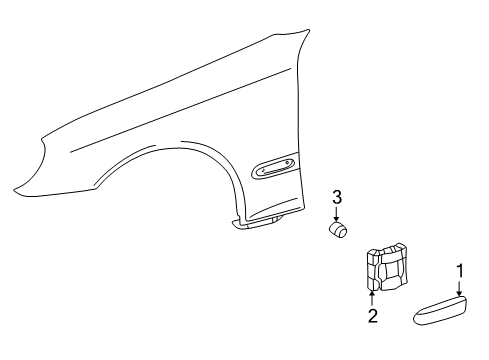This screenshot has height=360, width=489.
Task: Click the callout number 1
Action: (x=460, y=271)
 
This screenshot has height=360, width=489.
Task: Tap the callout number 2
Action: (x=373, y=316)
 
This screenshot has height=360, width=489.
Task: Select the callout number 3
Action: (x=337, y=197)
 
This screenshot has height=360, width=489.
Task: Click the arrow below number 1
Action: (x=460, y=288)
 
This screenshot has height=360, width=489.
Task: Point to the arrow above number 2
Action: (x=372, y=298)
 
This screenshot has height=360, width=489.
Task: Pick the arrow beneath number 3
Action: (x=337, y=213)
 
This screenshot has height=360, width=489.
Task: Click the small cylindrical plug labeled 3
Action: (x=337, y=230)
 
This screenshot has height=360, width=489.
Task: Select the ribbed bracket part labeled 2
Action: (x=388, y=267)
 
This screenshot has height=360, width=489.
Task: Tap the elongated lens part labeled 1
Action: (x=440, y=310)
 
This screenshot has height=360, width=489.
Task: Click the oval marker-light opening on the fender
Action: (x=273, y=166)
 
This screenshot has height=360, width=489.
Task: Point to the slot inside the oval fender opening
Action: (x=274, y=167)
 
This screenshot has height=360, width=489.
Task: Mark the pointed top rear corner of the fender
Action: (x=309, y=30)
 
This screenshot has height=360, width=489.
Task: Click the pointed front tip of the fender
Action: (x=14, y=192)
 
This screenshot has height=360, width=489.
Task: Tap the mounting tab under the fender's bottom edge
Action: (x=257, y=223)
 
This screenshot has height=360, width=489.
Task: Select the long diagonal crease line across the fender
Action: (x=180, y=110)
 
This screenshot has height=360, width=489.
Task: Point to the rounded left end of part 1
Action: (x=417, y=317)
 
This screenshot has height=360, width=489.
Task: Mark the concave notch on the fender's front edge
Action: (x=43, y=147)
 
